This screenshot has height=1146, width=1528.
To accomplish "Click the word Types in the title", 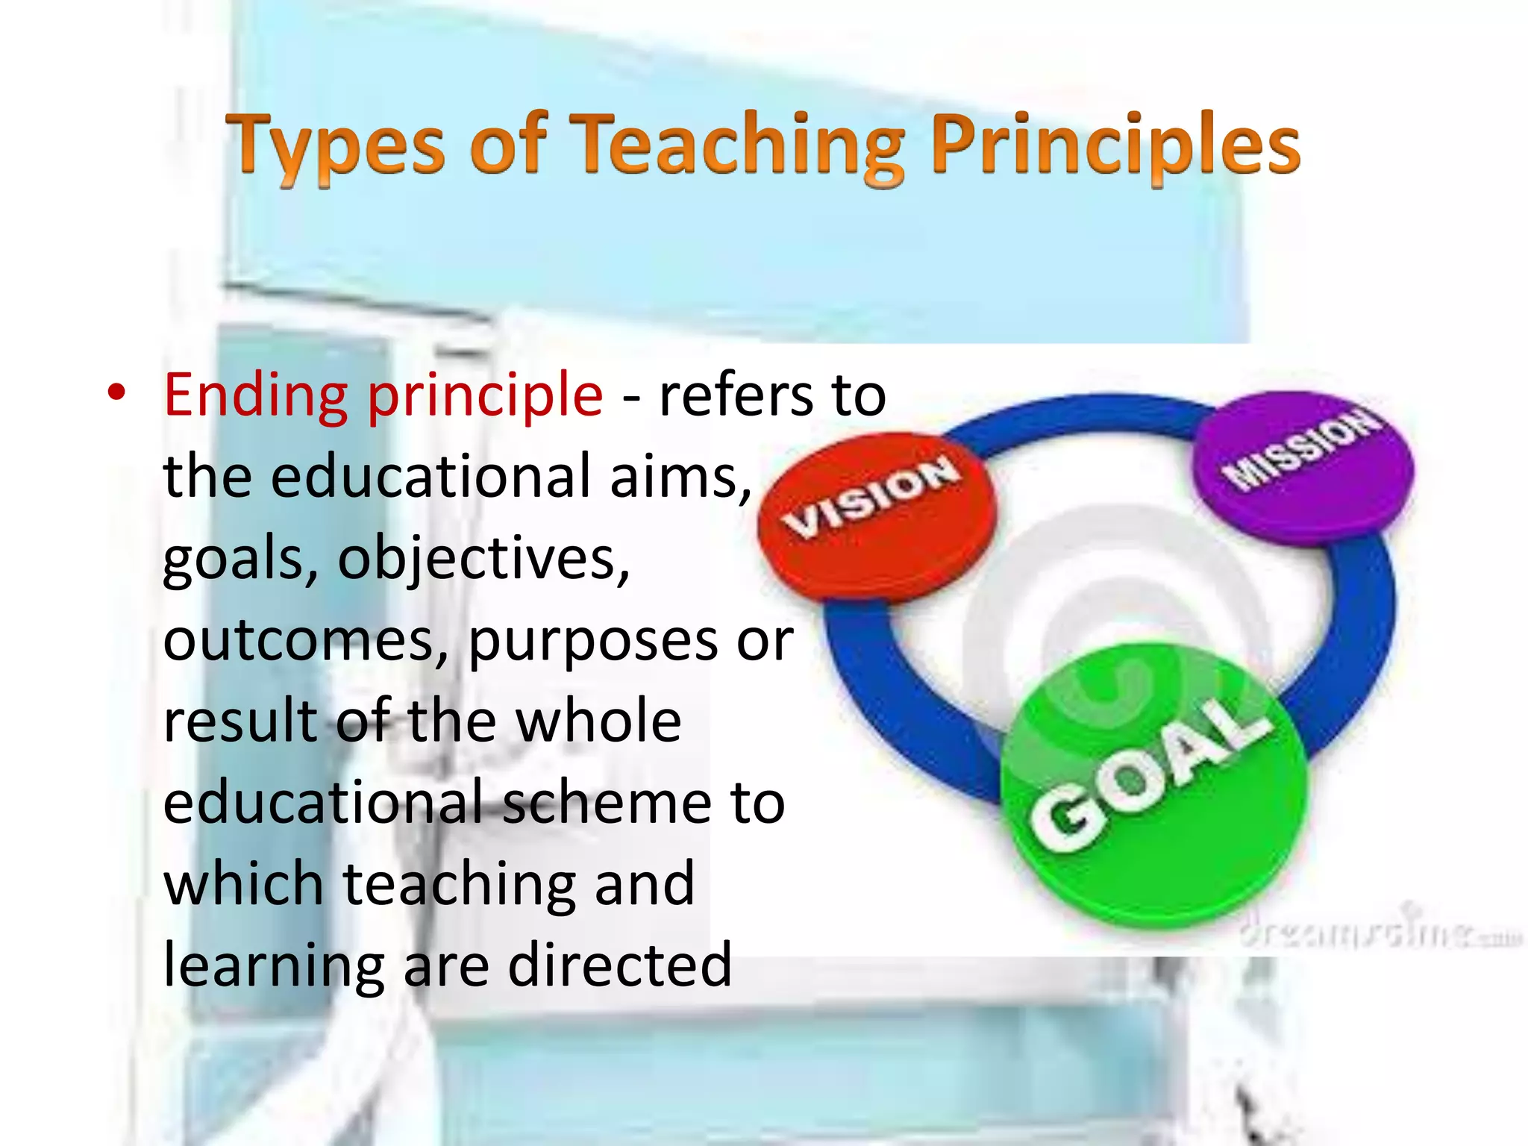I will [x=336, y=145].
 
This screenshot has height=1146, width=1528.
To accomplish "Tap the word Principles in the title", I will [x=1115, y=145].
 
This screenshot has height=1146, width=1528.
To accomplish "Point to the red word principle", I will [x=485, y=395].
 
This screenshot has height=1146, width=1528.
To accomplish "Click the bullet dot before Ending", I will [x=116, y=392].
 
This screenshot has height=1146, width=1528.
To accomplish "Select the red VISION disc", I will [x=877, y=515].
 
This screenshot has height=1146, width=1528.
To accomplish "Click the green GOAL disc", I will [x=1153, y=783].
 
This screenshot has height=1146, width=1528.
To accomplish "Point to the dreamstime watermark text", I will [x=1380, y=933].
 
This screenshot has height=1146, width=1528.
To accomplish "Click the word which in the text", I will [x=243, y=884].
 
